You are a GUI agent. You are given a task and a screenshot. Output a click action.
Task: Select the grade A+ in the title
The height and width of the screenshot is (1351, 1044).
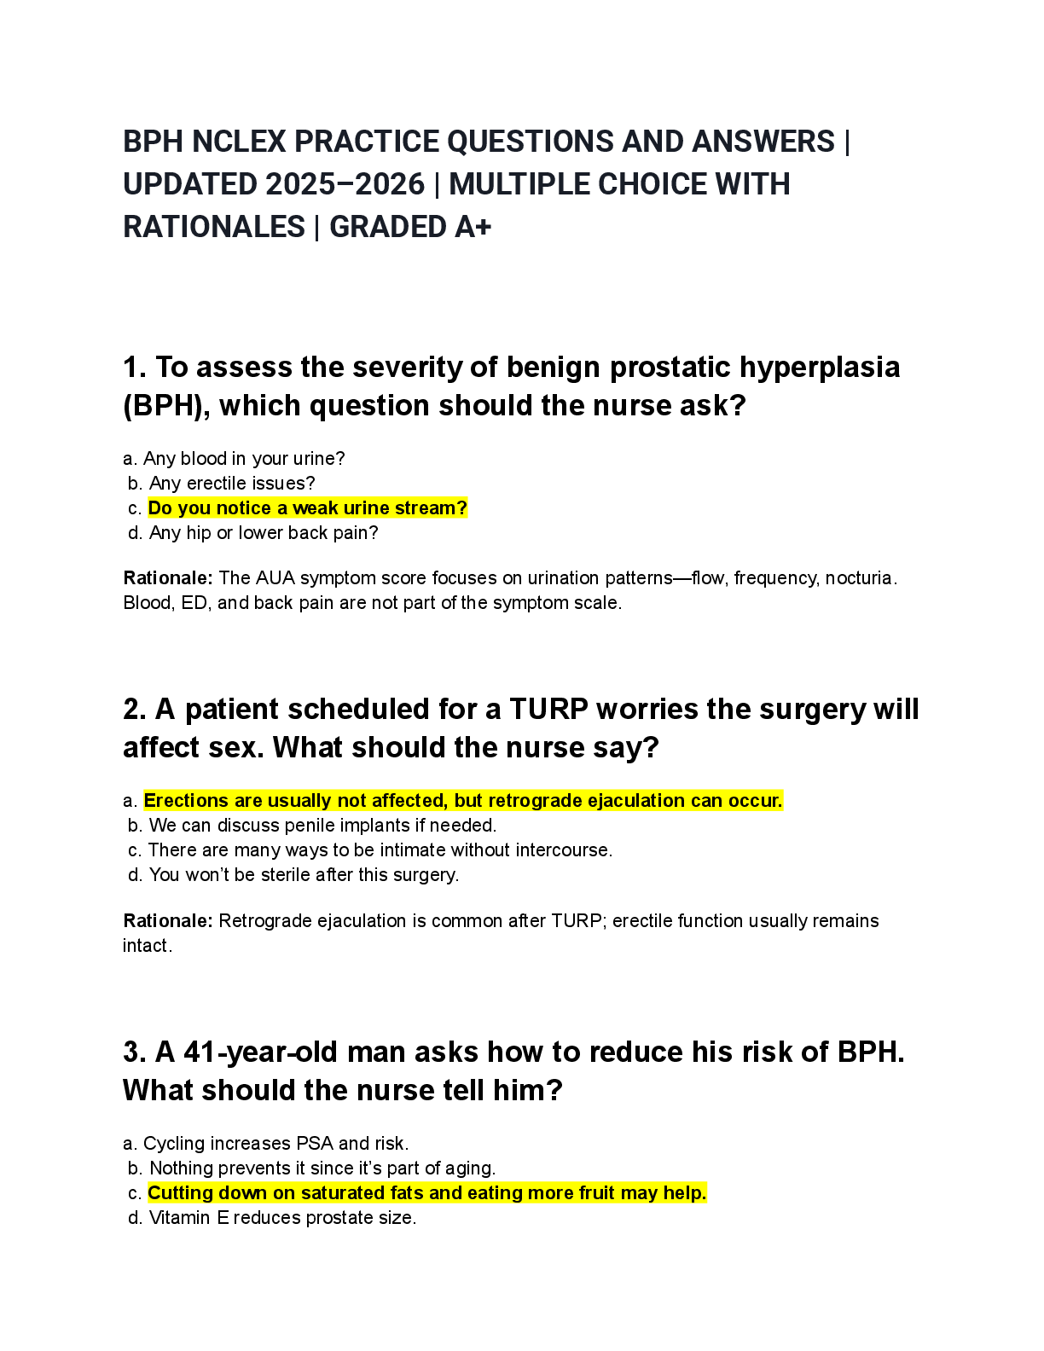[472, 227]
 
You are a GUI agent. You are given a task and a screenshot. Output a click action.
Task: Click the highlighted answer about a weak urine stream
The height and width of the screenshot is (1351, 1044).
[307, 508]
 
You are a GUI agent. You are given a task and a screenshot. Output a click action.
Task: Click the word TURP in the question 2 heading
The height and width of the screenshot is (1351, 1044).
[548, 710]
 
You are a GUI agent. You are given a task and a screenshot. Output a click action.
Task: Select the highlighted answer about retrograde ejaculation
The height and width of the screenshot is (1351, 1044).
[462, 801]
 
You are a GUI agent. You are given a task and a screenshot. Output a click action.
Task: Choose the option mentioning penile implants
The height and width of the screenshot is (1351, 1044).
[322, 826]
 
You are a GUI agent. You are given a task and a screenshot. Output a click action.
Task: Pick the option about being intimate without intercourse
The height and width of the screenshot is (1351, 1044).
[380, 850]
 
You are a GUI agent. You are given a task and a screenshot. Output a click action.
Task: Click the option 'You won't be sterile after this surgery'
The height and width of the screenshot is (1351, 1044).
[304, 875]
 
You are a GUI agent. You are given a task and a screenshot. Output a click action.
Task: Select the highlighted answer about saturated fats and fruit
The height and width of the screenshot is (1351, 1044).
[426, 1193]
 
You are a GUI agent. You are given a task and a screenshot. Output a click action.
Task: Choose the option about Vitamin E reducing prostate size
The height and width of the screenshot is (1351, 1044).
[282, 1218]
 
